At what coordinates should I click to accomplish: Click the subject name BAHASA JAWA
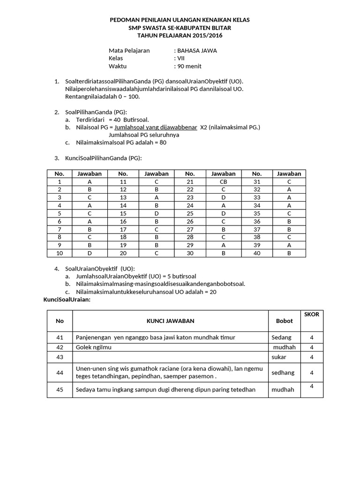click(x=197, y=51)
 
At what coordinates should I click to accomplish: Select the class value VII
click(x=181, y=58)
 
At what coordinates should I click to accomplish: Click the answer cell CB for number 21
click(x=223, y=181)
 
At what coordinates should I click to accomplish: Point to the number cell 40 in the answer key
click(x=256, y=253)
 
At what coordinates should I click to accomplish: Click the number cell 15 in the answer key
click(x=123, y=213)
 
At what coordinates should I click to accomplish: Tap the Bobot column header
click(x=284, y=321)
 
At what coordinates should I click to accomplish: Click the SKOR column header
click(x=311, y=315)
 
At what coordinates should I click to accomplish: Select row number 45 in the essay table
click(x=60, y=390)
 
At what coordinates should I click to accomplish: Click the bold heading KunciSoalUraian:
click(x=67, y=300)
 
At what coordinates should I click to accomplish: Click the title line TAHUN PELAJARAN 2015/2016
click(x=180, y=35)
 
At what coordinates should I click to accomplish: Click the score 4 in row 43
click(x=311, y=357)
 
